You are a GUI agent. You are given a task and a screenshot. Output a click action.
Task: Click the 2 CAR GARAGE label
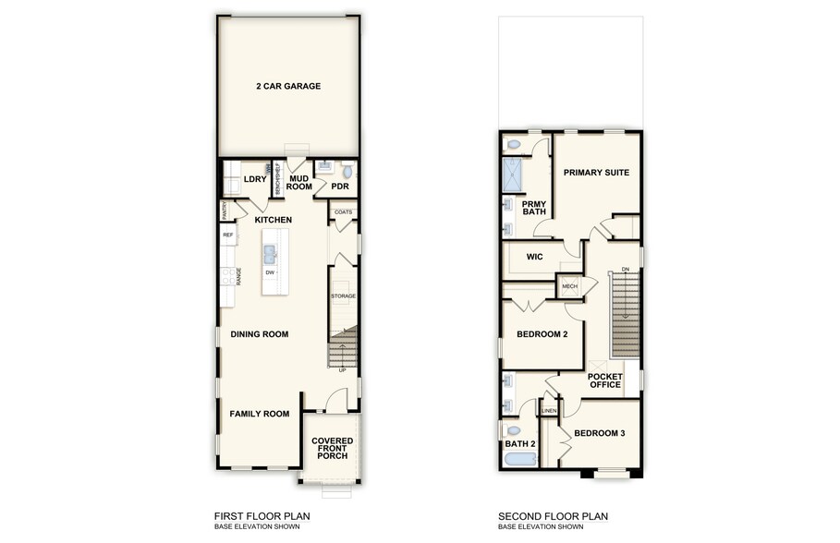tap(288, 86)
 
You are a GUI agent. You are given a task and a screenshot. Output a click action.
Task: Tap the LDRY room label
tap(253, 179)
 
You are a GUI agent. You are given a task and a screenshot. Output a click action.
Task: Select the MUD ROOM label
tap(299, 182)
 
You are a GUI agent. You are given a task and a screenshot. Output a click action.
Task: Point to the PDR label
tap(340, 186)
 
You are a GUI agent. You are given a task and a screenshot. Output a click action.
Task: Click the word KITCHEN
tap(274, 220)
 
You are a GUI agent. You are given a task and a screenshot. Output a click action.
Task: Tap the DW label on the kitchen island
tap(270, 272)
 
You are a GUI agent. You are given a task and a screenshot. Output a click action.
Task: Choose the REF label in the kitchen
tap(228, 235)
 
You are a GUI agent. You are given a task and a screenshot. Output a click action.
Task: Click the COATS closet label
tap(344, 212)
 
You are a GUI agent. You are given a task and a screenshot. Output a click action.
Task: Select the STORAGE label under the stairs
tap(344, 296)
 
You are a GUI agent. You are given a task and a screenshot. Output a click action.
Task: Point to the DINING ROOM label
tap(260, 334)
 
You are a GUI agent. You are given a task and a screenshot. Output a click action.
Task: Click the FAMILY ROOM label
tap(260, 414)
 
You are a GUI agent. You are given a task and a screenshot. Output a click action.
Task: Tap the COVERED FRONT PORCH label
tap(333, 449)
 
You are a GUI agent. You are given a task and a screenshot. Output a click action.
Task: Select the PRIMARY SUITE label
tap(597, 172)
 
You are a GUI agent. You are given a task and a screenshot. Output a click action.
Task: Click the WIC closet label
tap(534, 257)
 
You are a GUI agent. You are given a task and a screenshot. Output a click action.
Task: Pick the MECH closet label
tap(570, 286)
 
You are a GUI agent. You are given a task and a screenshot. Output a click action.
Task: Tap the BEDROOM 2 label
tap(542, 334)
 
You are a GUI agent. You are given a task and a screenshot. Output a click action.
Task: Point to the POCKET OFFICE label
tap(605, 380)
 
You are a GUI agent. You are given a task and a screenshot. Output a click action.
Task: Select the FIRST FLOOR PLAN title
tap(262, 516)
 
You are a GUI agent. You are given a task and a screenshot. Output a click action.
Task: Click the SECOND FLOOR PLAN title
tap(554, 516)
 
